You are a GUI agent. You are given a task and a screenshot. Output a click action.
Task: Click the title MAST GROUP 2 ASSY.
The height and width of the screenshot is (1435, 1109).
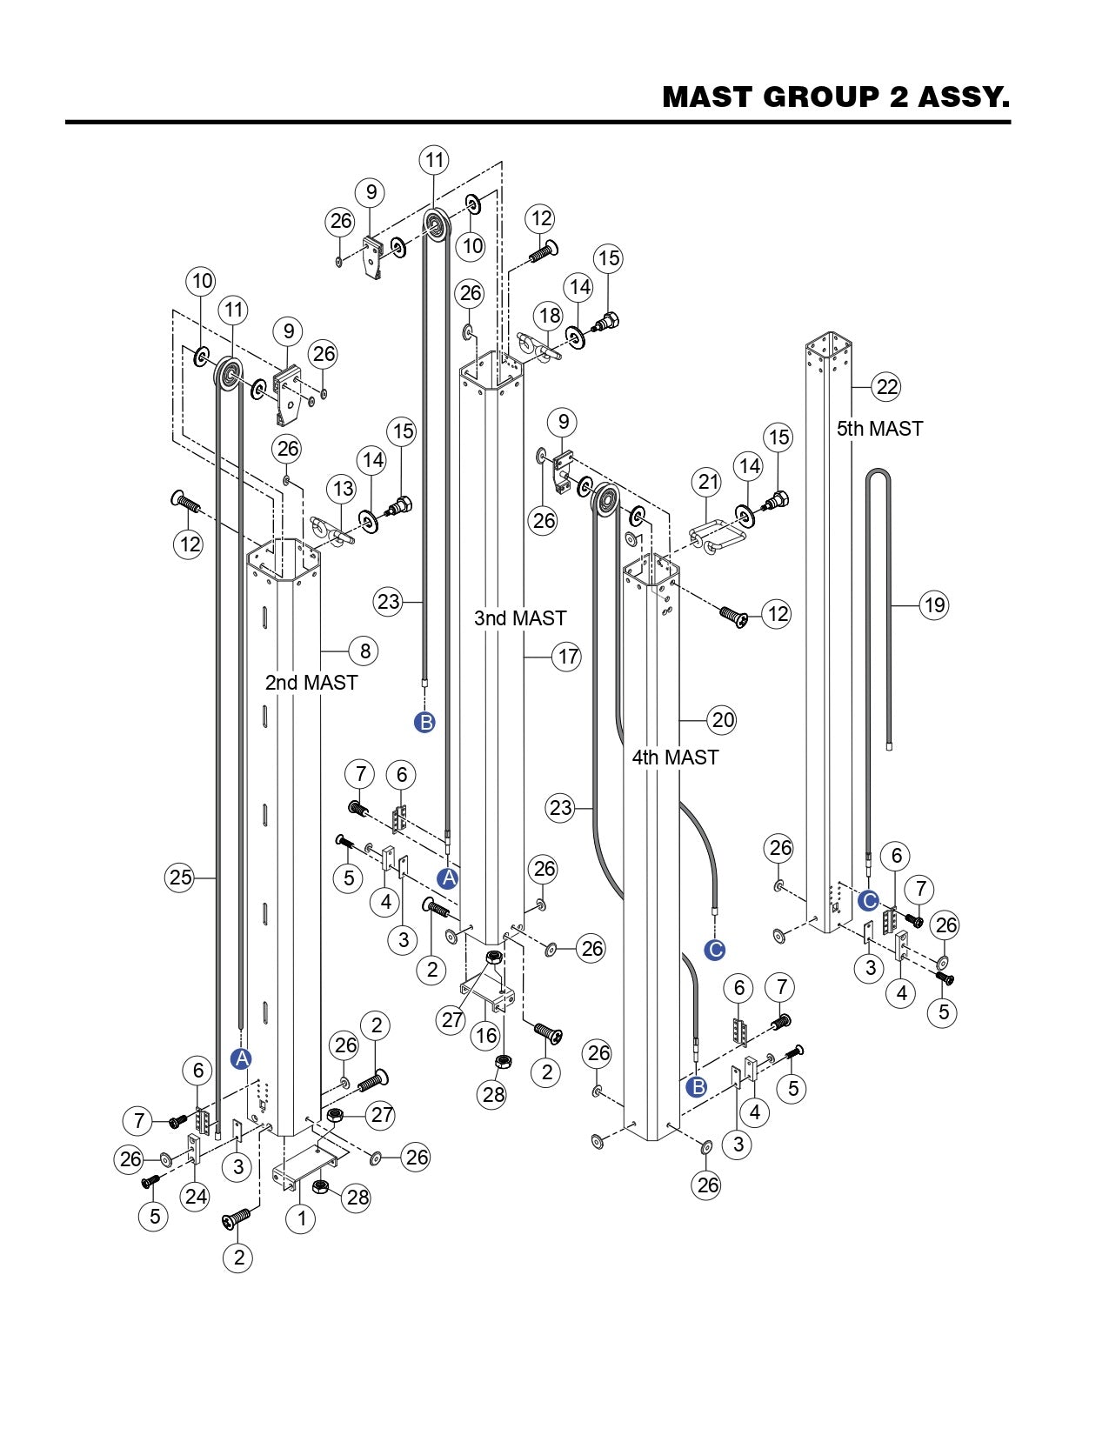pyautogui.click(x=836, y=97)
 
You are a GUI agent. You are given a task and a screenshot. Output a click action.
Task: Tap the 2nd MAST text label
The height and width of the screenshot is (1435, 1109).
pyautogui.click(x=311, y=682)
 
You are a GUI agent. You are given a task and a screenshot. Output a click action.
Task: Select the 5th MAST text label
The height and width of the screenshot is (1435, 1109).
pyautogui.click(x=879, y=429)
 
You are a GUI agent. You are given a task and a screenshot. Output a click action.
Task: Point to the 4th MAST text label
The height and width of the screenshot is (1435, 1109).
pyautogui.click(x=674, y=757)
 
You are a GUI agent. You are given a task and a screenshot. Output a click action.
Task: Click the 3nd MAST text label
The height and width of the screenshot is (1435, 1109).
pyautogui.click(x=520, y=618)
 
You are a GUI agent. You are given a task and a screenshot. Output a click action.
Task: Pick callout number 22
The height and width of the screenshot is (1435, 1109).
pyautogui.click(x=886, y=386)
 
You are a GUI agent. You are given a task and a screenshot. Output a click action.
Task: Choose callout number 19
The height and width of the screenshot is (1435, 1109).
pyautogui.click(x=934, y=605)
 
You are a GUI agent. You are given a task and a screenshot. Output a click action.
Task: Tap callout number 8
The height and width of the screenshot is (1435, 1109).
pyautogui.click(x=364, y=651)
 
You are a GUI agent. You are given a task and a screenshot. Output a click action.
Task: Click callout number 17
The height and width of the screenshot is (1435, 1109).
pyautogui.click(x=567, y=657)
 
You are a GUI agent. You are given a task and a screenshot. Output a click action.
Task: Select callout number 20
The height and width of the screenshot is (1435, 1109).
pyautogui.click(x=722, y=720)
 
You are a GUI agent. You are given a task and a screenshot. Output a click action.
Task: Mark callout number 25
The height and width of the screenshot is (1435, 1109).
pyautogui.click(x=180, y=878)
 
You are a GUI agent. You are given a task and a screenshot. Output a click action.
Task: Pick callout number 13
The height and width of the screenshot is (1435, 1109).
pyautogui.click(x=342, y=490)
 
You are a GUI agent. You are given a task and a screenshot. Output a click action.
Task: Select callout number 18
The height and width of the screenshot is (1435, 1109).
pyautogui.click(x=550, y=316)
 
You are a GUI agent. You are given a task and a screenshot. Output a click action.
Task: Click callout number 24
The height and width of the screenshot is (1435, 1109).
pyautogui.click(x=196, y=1196)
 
